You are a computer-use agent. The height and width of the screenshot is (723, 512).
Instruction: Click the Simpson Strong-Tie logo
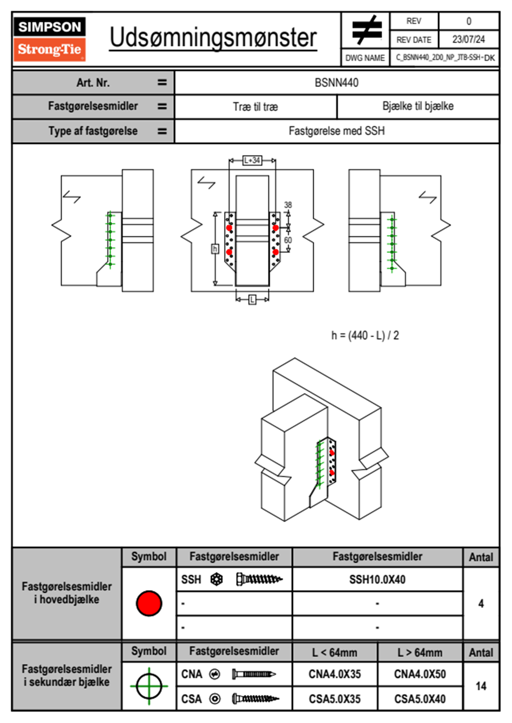point(49,39)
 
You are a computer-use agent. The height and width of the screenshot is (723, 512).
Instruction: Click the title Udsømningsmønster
point(213,38)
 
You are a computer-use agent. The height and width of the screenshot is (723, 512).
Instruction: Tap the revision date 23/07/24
point(468,40)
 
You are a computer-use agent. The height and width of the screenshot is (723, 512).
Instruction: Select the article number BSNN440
point(336,83)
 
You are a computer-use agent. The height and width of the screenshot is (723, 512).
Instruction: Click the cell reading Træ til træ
point(256,107)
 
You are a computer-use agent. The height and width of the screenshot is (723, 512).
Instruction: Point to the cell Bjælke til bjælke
point(418,106)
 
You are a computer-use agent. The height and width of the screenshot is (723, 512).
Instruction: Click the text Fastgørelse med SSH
point(336,131)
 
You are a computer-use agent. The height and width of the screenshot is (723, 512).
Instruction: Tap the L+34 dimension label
point(252,160)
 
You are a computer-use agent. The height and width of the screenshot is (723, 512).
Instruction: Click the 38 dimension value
point(288,205)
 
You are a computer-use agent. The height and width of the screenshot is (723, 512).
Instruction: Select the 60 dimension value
point(288,240)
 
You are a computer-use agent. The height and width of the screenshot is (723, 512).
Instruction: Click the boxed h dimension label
point(215,248)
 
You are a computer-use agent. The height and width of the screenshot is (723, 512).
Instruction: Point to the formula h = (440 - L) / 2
point(365,335)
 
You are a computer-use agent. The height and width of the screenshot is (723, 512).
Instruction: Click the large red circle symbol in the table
point(149,603)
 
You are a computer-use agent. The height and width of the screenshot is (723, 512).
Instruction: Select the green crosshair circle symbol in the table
point(149,686)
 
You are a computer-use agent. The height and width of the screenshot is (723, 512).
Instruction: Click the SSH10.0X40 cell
point(377,579)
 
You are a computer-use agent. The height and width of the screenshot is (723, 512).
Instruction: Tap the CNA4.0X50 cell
point(420,674)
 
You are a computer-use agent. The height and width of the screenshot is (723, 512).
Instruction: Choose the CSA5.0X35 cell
point(335,699)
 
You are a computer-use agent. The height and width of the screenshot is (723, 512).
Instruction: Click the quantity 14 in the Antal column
point(481,686)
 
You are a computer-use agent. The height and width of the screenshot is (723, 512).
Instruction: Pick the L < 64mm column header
point(335,653)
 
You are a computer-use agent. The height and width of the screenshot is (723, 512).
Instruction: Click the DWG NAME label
point(365,58)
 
